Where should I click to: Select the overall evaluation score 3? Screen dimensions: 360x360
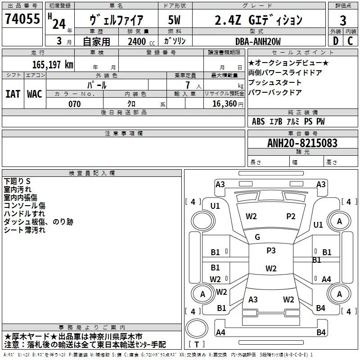click(x=343, y=21)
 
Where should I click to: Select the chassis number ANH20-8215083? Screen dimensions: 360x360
click(x=302, y=143)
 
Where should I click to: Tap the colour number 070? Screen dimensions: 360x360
click(x=74, y=104)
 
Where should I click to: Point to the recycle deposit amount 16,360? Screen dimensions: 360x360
click(x=225, y=104)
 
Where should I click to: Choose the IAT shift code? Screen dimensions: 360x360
click(x=13, y=94)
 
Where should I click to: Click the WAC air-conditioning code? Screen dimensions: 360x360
click(x=34, y=94)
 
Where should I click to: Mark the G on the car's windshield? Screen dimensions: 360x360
click(x=257, y=237)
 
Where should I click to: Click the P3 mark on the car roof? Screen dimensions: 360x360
click(x=271, y=251)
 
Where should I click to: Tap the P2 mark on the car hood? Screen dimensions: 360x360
click(x=291, y=216)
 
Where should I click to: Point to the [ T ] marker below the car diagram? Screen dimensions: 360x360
click(x=196, y=345)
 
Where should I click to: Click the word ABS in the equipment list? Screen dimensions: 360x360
click(x=258, y=121)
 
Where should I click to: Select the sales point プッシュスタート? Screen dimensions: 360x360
click(x=275, y=83)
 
